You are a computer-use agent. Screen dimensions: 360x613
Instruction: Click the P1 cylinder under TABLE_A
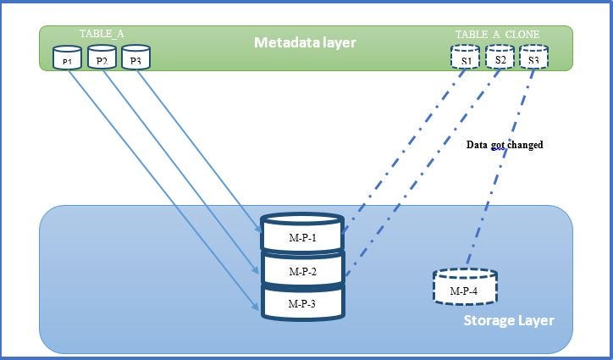tap(68, 59)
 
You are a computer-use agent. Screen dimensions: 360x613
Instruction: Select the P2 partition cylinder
tap(102, 58)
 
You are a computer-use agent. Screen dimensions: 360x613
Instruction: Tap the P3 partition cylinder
tap(135, 58)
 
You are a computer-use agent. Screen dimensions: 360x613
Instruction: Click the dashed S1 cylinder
tap(466, 58)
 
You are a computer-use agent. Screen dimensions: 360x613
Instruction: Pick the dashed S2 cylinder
tap(500, 58)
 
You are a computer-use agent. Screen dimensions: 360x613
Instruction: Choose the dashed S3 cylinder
tap(533, 58)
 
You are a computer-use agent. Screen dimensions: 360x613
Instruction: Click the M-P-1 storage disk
tap(302, 237)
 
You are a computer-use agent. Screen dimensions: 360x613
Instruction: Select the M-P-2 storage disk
tap(302, 271)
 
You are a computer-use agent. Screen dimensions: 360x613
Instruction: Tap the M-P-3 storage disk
tap(302, 302)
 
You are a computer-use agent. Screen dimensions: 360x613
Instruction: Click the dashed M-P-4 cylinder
tap(465, 289)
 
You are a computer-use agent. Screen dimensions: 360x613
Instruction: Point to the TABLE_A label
tap(102, 33)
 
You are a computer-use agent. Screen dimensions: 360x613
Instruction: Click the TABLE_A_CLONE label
tap(497, 34)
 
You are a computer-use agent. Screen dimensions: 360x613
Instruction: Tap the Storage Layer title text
tap(509, 320)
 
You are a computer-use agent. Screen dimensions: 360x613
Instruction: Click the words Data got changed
tap(505, 145)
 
